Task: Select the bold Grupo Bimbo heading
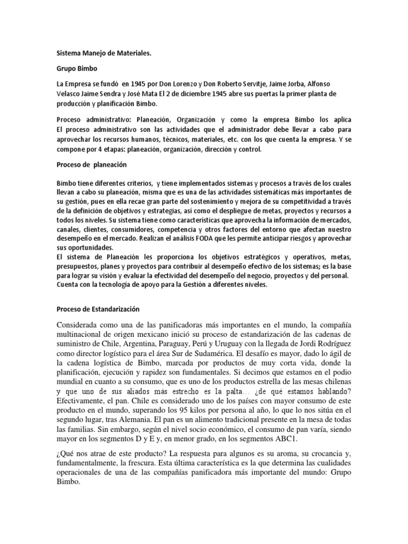(74, 70)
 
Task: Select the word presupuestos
(79, 268)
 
